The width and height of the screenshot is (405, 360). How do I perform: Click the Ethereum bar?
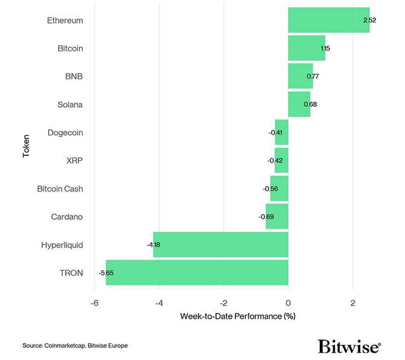tap(328, 20)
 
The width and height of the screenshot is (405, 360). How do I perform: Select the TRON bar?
tap(197, 272)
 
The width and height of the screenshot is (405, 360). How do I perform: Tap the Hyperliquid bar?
tap(220, 245)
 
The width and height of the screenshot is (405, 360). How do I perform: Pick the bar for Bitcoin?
tap(307, 48)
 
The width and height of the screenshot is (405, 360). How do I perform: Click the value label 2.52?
tap(370, 21)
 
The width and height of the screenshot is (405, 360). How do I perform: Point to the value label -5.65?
tap(106, 273)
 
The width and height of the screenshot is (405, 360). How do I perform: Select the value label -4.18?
tap(153, 245)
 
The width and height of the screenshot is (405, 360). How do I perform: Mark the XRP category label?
tap(74, 161)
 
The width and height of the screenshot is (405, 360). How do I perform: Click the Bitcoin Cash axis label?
tap(60, 188)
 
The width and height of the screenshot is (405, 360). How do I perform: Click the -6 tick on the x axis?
tap(94, 302)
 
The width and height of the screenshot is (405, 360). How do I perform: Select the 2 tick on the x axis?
tap(352, 302)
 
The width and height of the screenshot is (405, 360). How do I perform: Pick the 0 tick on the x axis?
tap(288, 302)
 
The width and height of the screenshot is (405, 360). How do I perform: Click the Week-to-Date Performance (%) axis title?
tap(237, 316)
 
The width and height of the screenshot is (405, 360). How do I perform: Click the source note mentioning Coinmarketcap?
tap(75, 346)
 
